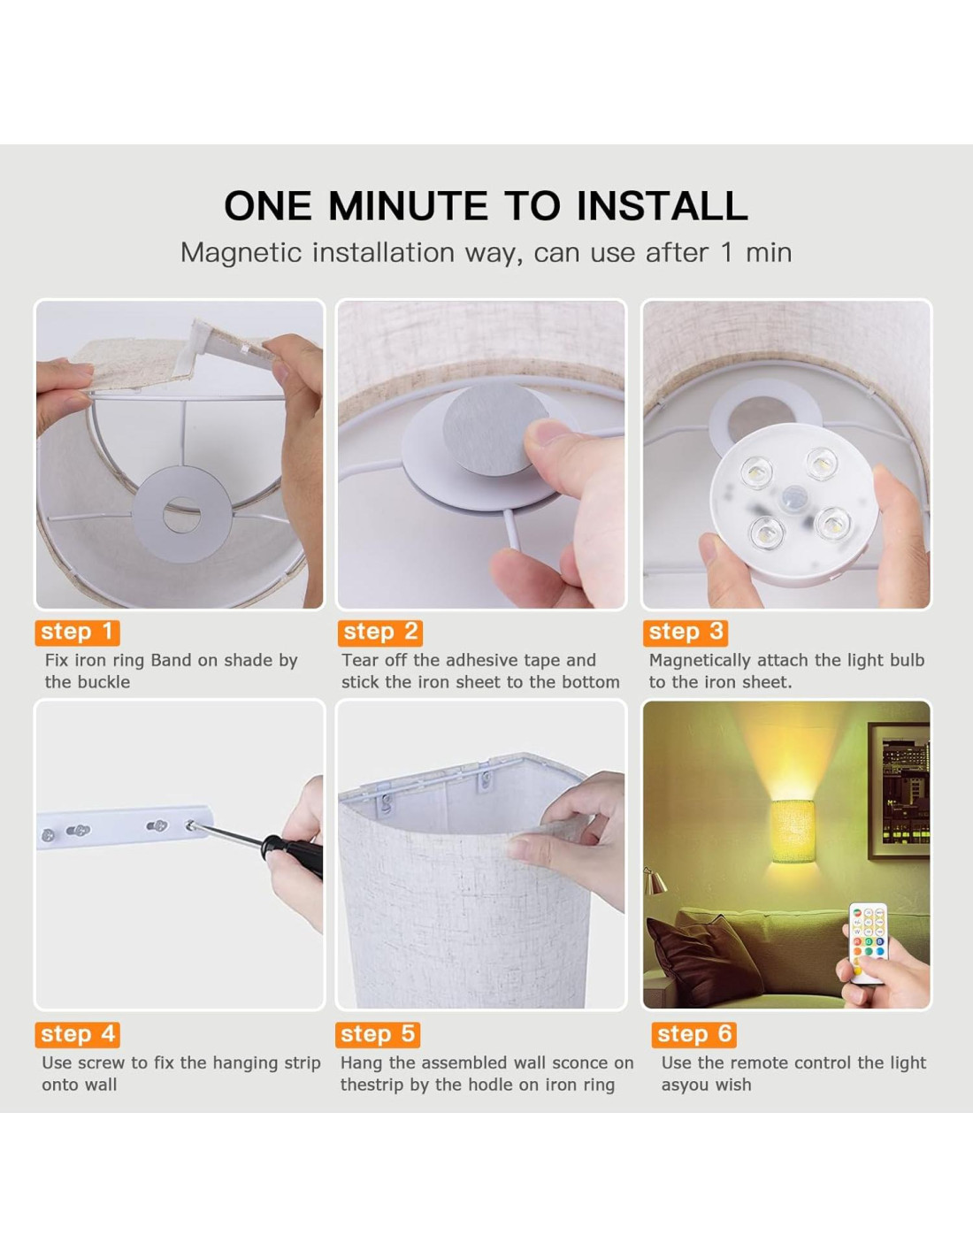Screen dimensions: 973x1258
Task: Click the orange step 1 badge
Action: pos(77,633)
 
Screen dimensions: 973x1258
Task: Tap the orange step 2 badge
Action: pos(379,633)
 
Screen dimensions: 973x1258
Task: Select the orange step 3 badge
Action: pos(686,633)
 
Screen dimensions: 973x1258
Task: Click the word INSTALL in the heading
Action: pos(663,205)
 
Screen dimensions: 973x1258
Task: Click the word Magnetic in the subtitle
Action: pos(241,253)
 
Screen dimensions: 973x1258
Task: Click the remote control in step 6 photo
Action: pos(868,942)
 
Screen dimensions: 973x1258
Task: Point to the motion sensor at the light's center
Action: pos(793,498)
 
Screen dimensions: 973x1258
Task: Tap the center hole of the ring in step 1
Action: pos(181,515)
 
